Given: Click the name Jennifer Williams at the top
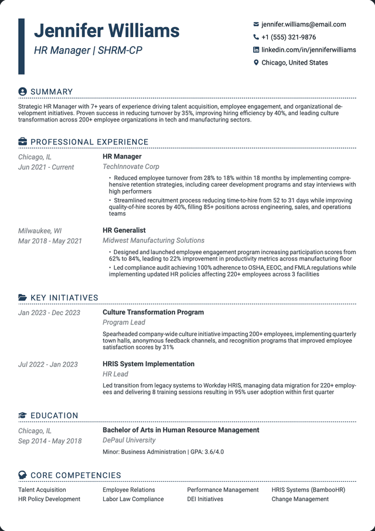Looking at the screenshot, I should pos(107,31).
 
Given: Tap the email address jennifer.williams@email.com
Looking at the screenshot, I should pos(304,25).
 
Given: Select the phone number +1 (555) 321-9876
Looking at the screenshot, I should pos(288,37).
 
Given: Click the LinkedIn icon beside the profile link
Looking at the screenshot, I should pos(256,50).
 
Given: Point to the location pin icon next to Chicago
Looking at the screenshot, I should pos(256,63).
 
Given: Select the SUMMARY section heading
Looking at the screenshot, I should pos(52,92).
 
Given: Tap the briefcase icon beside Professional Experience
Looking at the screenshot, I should pos(23,142).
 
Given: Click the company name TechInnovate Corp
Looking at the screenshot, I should pos(131,167).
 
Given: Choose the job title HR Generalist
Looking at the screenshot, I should pos(124,231).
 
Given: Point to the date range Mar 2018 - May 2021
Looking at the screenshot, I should pos(50,241).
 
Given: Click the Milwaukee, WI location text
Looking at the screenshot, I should pos(40,231).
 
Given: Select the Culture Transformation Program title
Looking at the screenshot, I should pos(153,312).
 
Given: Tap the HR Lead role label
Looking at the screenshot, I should pos(115,374).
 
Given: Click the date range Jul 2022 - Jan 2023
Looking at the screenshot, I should pos(48,364).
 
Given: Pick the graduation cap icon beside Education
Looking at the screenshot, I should pos(23,415).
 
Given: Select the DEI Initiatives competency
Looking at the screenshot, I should pos(205,499).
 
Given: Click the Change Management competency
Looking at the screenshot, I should pos(300,499).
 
